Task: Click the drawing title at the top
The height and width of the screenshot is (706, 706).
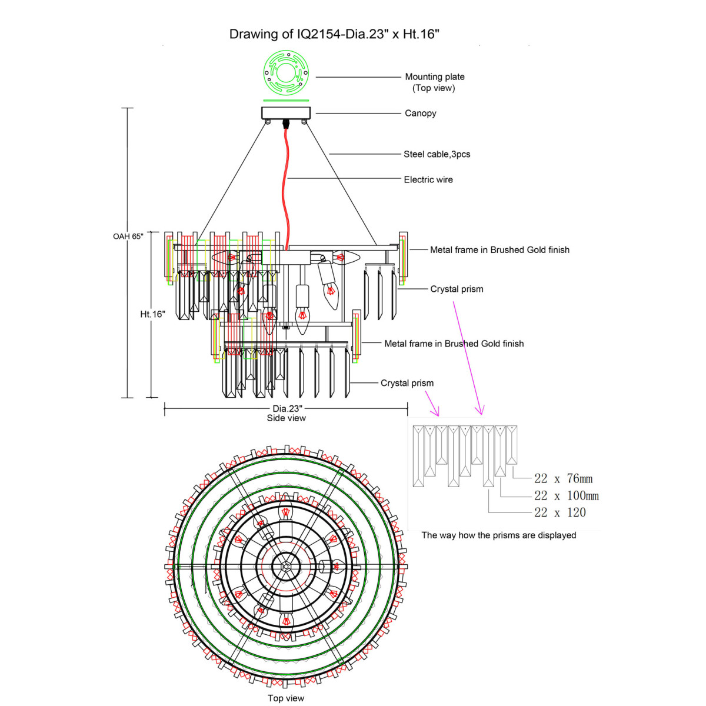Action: click(334, 34)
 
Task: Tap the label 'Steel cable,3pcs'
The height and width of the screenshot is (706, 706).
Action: click(437, 154)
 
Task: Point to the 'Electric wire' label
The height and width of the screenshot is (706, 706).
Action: click(428, 179)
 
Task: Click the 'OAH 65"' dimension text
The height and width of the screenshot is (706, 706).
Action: click(128, 236)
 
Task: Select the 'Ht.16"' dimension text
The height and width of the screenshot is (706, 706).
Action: click(152, 314)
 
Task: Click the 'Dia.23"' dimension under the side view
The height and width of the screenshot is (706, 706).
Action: click(287, 408)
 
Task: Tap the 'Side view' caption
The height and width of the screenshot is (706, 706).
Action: click(287, 418)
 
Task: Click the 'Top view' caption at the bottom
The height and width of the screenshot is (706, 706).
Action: click(286, 698)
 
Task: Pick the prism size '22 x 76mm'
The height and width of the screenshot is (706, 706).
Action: click(563, 479)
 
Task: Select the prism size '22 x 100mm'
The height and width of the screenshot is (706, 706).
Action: click(566, 496)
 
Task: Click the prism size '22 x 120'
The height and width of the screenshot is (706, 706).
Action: click(560, 512)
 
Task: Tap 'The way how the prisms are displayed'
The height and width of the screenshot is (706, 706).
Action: click(498, 535)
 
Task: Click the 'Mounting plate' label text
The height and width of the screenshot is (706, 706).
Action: click(435, 76)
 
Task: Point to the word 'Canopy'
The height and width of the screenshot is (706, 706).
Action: click(420, 113)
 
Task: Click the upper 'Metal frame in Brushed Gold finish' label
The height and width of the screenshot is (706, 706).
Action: click(499, 249)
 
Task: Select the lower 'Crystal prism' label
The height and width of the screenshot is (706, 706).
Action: click(407, 383)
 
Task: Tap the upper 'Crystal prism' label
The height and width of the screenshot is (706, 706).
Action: click(457, 289)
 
